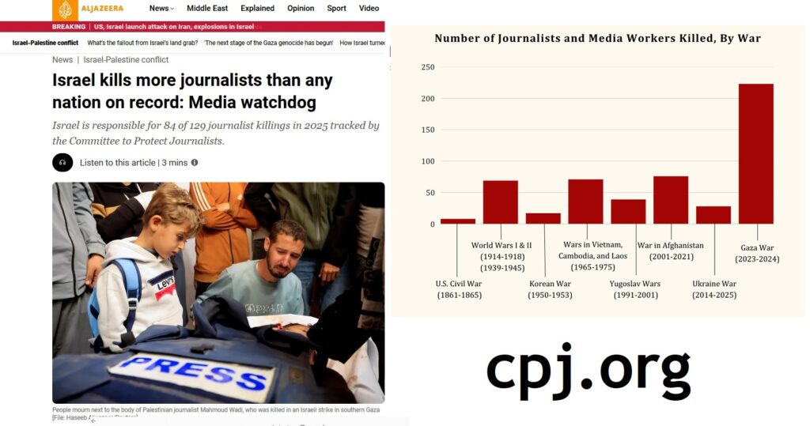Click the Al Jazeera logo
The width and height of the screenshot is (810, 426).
(x=88, y=9)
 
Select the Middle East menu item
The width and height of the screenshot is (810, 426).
(x=208, y=9)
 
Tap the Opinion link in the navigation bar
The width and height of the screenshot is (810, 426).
(x=301, y=9)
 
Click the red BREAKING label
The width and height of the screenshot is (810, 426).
(x=69, y=27)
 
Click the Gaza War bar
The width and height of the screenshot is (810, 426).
(x=755, y=153)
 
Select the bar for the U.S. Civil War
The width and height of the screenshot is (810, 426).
(x=458, y=221)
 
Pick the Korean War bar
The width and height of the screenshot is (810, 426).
(x=543, y=218)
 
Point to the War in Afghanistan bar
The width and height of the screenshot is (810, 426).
(x=671, y=200)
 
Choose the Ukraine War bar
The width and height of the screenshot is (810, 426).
(x=713, y=215)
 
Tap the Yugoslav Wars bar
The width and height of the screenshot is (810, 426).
(x=628, y=212)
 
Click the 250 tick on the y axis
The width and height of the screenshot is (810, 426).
(x=427, y=67)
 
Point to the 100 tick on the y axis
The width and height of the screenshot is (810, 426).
(x=427, y=161)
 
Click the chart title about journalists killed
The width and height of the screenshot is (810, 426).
(x=597, y=38)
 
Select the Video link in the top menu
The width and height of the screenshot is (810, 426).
(x=369, y=9)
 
